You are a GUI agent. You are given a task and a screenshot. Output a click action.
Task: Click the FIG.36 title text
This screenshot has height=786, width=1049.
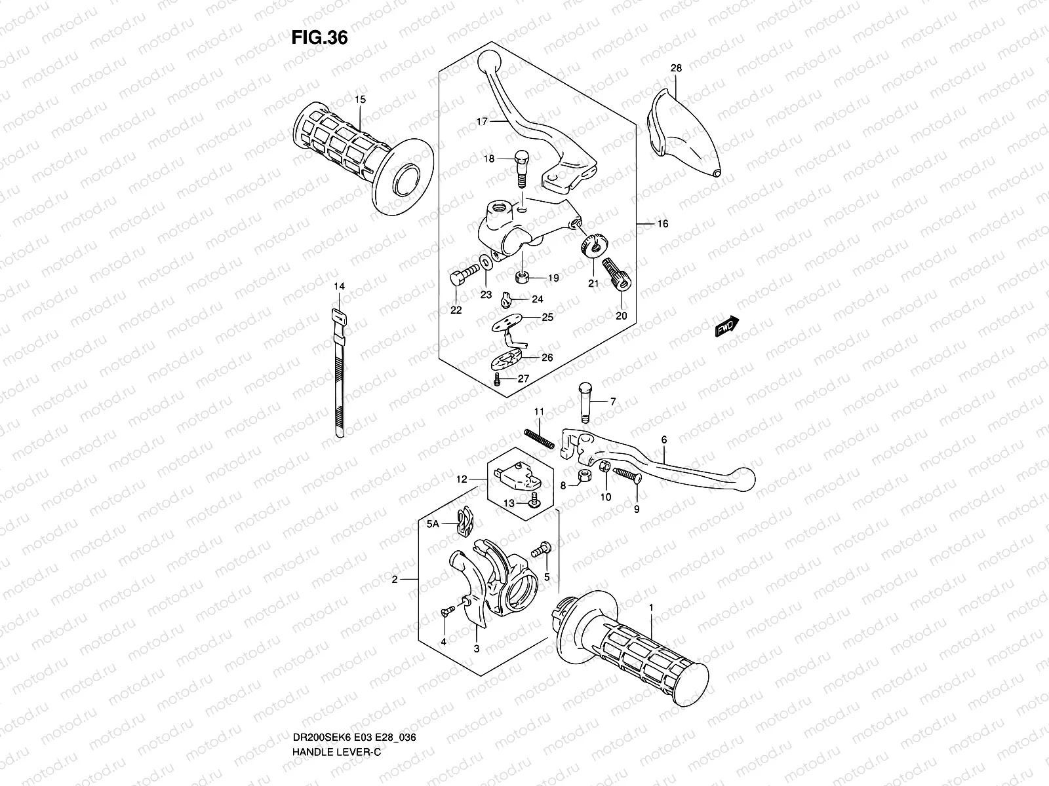click(319, 38)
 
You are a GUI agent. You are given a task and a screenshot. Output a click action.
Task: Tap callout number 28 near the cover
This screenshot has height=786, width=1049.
click(677, 68)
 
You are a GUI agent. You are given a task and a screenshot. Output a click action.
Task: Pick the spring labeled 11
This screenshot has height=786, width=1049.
click(540, 438)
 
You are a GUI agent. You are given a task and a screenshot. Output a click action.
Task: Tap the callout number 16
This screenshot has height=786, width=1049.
click(662, 224)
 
